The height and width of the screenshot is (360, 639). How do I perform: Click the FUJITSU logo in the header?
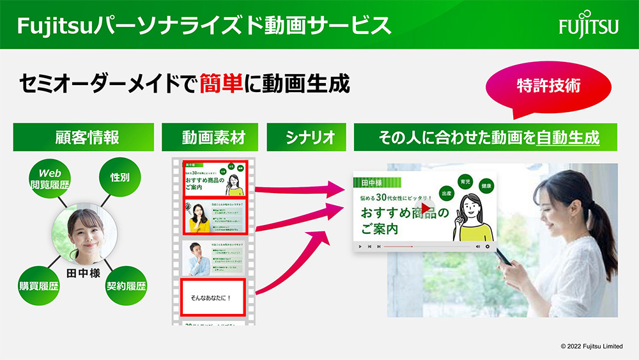[x=589, y=26]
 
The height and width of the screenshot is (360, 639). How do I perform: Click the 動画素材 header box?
[x=210, y=137]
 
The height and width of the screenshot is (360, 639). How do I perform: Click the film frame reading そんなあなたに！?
[x=213, y=297]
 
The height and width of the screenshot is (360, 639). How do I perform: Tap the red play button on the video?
[x=426, y=208]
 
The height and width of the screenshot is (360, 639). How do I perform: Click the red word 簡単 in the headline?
[x=220, y=84]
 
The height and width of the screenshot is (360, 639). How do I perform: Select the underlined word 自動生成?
[x=567, y=137]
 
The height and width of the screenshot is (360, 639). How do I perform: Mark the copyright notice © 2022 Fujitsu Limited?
[x=591, y=346]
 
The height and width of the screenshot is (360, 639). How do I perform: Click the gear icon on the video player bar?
[x=488, y=246]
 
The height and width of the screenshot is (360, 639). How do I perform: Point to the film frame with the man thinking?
[x=213, y=257]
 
